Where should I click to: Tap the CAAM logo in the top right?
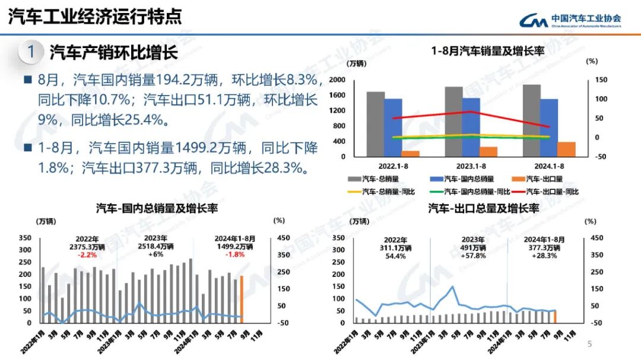click(x=570, y=20)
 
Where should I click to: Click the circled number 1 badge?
click(x=30, y=52)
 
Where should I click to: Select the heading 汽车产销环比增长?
click(x=113, y=52)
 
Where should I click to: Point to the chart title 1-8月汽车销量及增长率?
click(x=487, y=52)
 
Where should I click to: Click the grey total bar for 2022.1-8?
click(x=375, y=124)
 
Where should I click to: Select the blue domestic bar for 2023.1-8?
click(x=471, y=127)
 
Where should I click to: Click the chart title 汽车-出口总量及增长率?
click(x=484, y=208)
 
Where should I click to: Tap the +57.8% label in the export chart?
click(x=474, y=256)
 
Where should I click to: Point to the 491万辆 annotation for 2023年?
click(x=474, y=248)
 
